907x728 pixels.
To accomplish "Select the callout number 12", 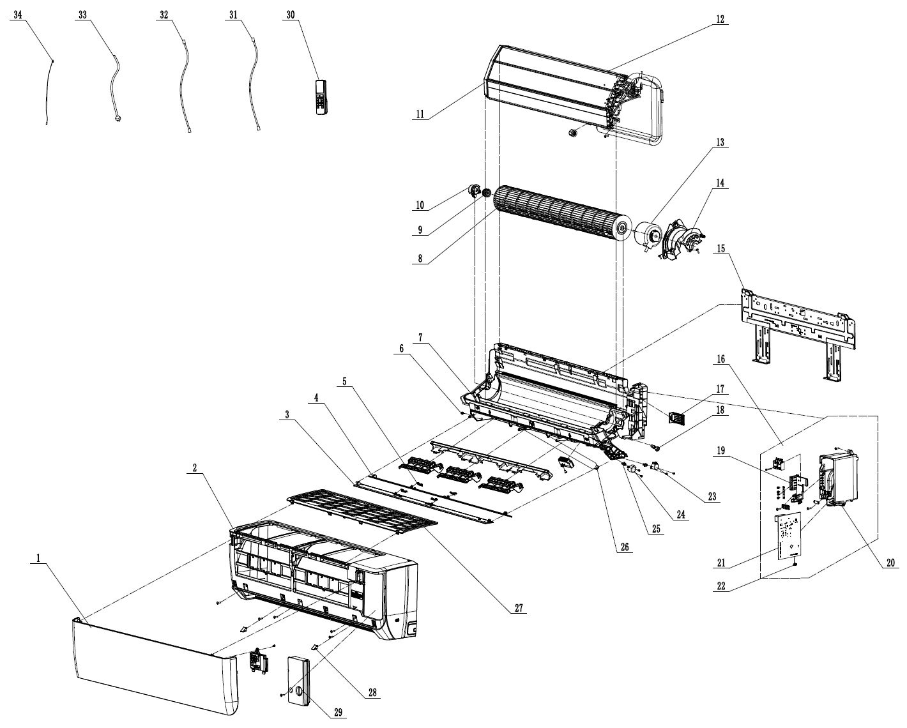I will (x=720, y=19).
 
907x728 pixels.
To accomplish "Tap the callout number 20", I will (x=890, y=563).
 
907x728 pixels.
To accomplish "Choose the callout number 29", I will (x=338, y=713).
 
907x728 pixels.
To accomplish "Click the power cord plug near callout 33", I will (x=118, y=118).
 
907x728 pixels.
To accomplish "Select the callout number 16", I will (x=720, y=360).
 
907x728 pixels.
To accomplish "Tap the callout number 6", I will (x=401, y=347).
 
